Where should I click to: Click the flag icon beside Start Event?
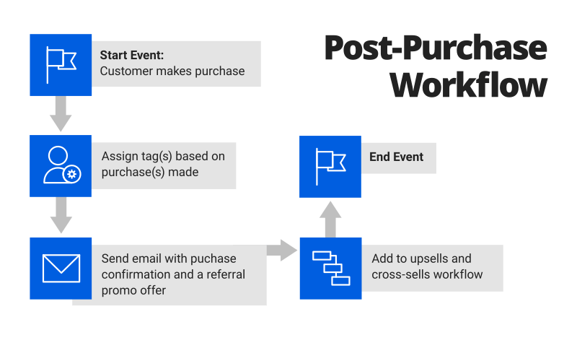[61, 65]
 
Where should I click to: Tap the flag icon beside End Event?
[330, 166]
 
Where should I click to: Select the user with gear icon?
[61, 165]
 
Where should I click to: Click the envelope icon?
[61, 268]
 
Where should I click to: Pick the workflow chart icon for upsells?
[330, 268]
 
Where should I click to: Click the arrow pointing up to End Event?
[330, 218]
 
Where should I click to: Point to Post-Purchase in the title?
[435, 48]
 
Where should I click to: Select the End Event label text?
[396, 157]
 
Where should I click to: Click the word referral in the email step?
[224, 274]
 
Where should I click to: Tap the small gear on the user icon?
[71, 174]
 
